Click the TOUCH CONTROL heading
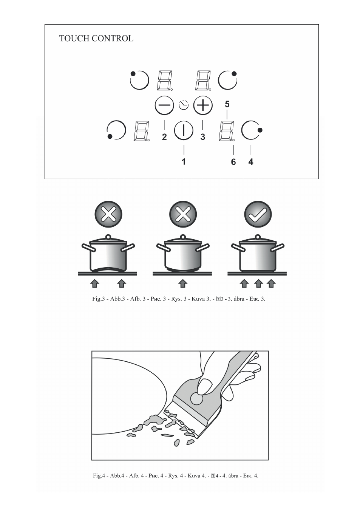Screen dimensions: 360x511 pos(96,38)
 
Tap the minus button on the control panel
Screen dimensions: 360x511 pos(164,105)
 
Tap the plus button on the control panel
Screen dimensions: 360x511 pos(203,105)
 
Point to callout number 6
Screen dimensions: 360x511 pos(233,162)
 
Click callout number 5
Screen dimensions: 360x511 pos(227,104)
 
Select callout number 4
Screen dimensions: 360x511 pos(251,162)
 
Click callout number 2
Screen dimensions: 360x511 pos(164,137)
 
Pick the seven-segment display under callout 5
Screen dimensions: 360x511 pos(227,131)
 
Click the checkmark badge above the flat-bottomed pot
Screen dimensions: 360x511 pos(258,214)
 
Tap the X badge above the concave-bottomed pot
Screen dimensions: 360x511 pos(108,214)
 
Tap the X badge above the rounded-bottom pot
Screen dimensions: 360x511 pos(183,214)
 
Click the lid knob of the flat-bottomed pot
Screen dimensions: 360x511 pos(258,237)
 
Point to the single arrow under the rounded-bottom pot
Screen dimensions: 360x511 pos(182,283)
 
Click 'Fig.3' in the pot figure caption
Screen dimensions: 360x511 pos(98,299)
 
